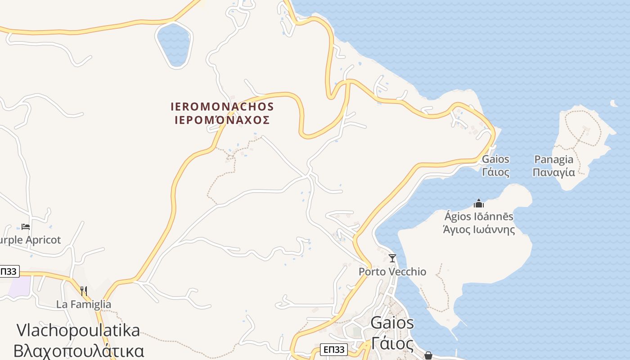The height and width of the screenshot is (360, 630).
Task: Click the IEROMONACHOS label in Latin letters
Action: (x=222, y=107)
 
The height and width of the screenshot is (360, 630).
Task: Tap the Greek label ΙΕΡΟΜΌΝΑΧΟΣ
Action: (x=222, y=120)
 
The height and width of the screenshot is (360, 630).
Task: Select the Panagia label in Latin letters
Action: (x=553, y=159)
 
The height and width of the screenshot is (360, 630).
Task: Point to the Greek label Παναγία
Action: (x=553, y=172)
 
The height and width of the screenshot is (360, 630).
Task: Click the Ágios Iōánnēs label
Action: (x=479, y=216)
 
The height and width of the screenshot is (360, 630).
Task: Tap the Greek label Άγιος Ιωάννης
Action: (x=479, y=229)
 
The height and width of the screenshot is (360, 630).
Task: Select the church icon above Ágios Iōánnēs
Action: (x=479, y=204)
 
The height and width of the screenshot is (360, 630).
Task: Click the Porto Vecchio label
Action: (x=392, y=271)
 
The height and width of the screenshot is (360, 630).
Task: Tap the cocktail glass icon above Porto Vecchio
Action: (x=392, y=258)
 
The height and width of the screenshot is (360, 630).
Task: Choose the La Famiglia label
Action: (x=84, y=304)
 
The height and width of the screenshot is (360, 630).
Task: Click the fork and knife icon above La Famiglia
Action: (x=83, y=291)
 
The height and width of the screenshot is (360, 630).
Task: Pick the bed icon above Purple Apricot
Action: (x=26, y=227)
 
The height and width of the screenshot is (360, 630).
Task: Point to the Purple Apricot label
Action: (x=30, y=240)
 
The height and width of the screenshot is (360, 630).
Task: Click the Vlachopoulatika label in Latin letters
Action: (x=78, y=330)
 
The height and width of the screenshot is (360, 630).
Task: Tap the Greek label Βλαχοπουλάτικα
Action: (x=79, y=351)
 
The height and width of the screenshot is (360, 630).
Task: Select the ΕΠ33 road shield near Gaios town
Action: (x=334, y=350)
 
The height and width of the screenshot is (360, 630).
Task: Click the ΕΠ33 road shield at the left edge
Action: (x=9, y=271)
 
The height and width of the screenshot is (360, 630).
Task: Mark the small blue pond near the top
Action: (x=174, y=45)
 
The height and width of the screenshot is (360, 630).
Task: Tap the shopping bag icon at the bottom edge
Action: (x=428, y=355)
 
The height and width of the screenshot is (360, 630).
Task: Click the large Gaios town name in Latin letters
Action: (x=392, y=323)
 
